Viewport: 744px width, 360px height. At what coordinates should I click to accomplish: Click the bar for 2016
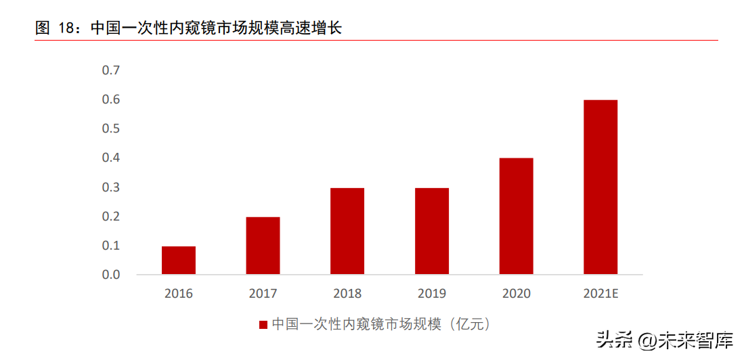[x=179, y=261]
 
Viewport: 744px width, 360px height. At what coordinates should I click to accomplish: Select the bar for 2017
[x=263, y=246]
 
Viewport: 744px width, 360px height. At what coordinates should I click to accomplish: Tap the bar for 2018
[x=347, y=231]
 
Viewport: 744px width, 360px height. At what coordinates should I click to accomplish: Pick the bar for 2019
[x=432, y=231]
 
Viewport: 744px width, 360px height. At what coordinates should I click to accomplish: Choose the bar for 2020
[x=517, y=217]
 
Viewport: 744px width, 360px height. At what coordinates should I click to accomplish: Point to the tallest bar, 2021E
[x=600, y=187]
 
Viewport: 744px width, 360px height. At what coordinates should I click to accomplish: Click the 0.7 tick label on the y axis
[x=110, y=70]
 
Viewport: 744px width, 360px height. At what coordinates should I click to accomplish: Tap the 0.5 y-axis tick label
[x=110, y=129]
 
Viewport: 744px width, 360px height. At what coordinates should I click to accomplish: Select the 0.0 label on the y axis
[x=110, y=275]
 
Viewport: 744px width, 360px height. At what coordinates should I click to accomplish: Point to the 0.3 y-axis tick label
[x=110, y=187]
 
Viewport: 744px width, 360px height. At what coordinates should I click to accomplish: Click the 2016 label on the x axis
[x=179, y=294]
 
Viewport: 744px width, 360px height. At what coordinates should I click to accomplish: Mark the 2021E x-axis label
[x=601, y=294]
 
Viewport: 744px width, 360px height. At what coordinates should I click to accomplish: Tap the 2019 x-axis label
[x=432, y=294]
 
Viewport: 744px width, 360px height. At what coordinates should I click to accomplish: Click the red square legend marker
[x=263, y=325]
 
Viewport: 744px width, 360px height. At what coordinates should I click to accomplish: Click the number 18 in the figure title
[x=66, y=28]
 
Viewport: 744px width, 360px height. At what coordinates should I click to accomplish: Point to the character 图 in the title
[x=43, y=28]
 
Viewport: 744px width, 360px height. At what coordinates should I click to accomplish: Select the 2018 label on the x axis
[x=347, y=294]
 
